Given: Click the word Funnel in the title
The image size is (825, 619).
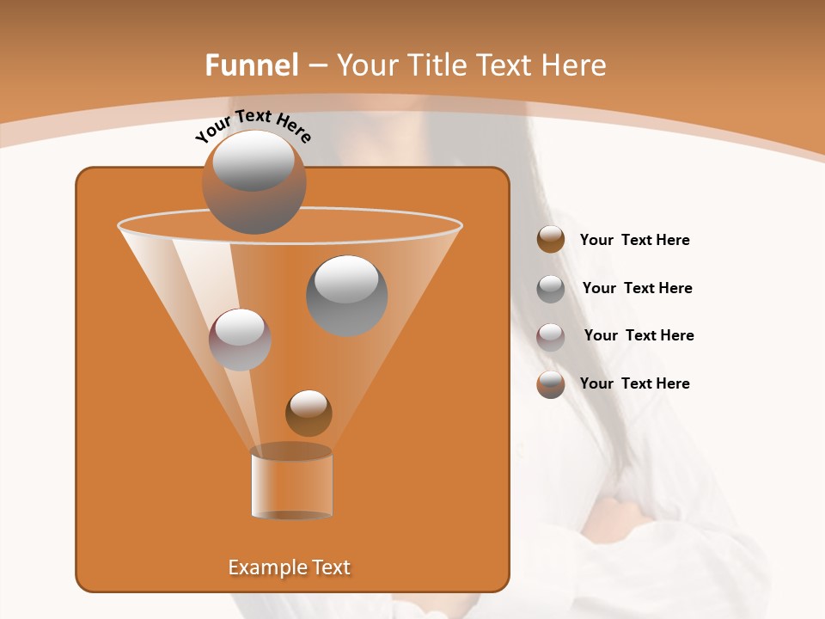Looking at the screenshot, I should point(251,65).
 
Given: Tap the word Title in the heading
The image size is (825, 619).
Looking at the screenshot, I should point(437,65).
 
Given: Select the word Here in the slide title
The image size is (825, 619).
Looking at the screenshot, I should point(573,65).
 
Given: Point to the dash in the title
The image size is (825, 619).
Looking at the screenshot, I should point(316,66).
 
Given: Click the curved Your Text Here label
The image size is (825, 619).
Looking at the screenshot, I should point(254,125).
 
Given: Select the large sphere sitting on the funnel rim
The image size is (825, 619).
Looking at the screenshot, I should point(254,182).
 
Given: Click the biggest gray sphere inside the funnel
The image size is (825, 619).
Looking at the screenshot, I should point(346,295).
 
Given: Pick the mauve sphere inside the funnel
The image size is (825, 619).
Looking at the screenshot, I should point(240,340).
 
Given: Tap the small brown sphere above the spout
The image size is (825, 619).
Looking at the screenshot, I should point(309,413).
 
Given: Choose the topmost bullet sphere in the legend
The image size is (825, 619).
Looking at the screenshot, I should point(551,240).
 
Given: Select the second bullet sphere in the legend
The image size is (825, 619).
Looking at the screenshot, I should point(551,289).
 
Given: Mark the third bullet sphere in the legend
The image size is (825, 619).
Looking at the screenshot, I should point(551,336).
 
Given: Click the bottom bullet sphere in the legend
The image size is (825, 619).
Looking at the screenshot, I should point(551,384).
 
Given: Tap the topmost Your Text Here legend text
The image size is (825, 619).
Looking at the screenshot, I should point(635,240).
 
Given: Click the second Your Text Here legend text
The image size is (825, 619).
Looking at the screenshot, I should point(638,288).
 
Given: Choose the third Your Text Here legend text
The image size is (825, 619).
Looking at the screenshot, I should point(639,335).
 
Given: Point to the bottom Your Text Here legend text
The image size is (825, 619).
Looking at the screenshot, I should point(635,383).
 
